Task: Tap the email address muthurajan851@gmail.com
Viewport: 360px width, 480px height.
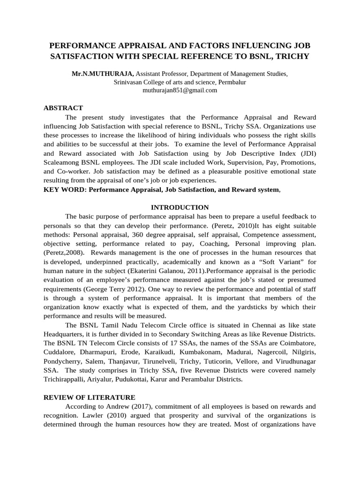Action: pos(180,90)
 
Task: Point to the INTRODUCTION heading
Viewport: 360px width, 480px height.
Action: pos(180,207)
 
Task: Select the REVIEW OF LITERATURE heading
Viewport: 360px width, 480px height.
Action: pos(89,383)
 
